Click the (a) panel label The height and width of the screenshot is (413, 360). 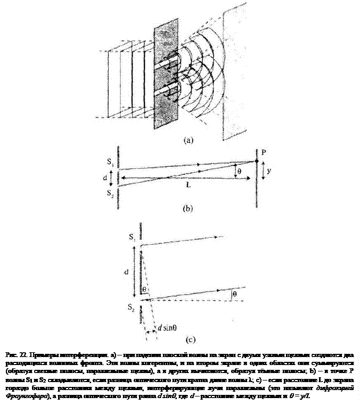pyautogui.click(x=188, y=141)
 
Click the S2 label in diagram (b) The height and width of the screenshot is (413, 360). pyautogui.click(x=110, y=193)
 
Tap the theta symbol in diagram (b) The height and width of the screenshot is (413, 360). pyautogui.click(x=239, y=171)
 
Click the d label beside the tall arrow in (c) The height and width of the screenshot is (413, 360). pyautogui.click(x=126, y=271)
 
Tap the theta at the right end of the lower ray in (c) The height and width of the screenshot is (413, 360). pyautogui.click(x=235, y=294)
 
